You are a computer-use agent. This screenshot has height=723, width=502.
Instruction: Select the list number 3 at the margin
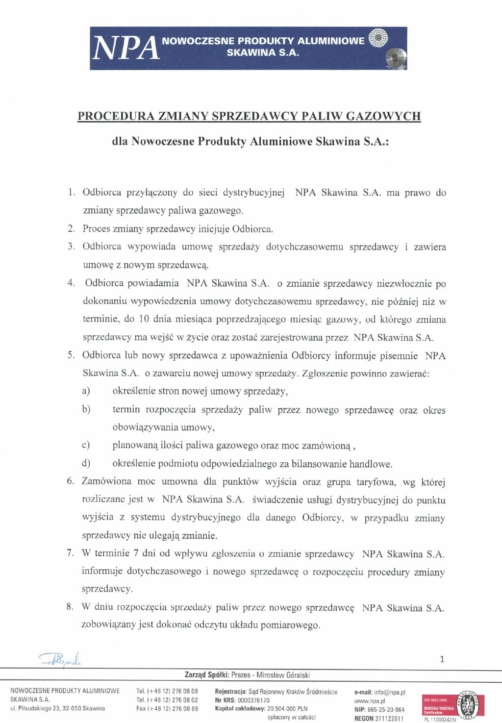(72, 247)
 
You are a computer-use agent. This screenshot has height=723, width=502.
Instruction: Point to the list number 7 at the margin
(71, 553)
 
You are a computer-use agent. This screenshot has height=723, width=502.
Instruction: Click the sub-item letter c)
(86, 446)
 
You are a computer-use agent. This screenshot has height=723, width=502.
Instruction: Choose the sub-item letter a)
(86, 391)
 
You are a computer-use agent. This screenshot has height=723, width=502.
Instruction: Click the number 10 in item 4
(144, 320)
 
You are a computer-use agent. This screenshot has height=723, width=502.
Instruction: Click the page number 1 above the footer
(442, 659)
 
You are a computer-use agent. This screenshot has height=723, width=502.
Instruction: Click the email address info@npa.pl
(389, 692)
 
